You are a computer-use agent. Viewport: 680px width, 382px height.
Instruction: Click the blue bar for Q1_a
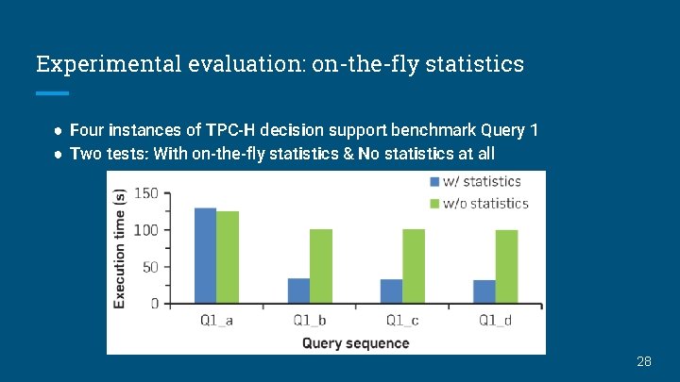205,256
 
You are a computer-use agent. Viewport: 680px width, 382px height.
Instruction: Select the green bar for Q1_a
228,257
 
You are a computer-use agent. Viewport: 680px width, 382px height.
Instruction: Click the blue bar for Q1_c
391,291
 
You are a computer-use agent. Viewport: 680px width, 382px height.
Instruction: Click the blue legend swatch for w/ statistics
435,181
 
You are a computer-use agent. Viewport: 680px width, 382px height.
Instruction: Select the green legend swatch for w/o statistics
435,204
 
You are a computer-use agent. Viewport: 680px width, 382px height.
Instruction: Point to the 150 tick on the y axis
145,193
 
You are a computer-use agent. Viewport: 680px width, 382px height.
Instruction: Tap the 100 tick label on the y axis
145,230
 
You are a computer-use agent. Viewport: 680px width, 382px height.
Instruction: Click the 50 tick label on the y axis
149,267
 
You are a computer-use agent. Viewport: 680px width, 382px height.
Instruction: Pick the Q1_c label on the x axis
402,321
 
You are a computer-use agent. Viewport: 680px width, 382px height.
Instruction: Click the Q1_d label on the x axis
496,321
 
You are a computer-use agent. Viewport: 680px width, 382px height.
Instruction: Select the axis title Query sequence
356,343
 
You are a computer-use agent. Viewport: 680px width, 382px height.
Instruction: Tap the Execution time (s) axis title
120,247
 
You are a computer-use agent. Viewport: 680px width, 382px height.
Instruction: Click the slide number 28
644,361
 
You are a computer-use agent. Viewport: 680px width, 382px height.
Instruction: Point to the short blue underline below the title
52,93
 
